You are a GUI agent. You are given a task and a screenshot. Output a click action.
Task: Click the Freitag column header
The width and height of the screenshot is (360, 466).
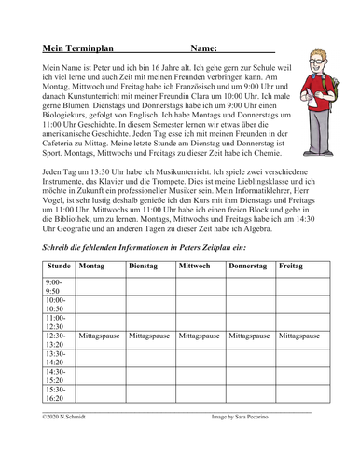click(x=290, y=267)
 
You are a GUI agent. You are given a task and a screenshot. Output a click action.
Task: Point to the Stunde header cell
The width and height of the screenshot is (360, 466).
click(x=58, y=267)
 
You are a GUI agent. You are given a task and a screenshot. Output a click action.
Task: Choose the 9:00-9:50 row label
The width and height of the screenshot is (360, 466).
click(x=55, y=285)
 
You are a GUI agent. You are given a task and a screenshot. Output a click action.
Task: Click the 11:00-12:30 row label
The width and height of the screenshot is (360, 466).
click(x=55, y=321)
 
